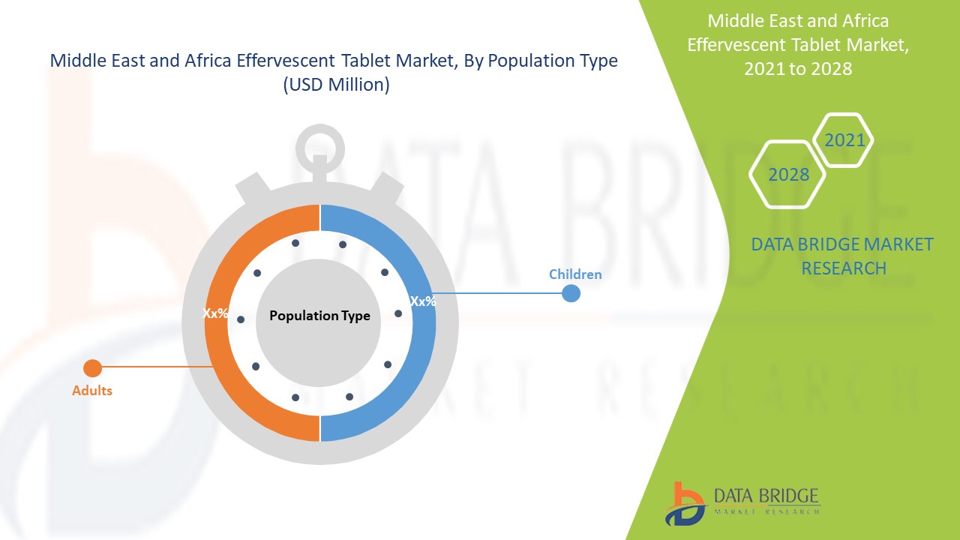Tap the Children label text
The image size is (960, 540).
pos(575,274)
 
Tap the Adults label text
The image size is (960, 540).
pos(92,391)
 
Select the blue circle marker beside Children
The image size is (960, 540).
pos(571,293)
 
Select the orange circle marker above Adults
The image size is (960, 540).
pos(92,368)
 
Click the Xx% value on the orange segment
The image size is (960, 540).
pos(215,313)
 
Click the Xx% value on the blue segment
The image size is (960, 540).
pos(423,301)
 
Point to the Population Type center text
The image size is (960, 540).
pos(319,316)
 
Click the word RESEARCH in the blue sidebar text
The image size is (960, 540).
pos(844,268)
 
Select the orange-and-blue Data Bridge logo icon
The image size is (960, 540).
pos(685,504)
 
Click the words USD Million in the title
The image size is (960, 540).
pos(337,85)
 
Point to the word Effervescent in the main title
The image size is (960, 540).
pos(286,61)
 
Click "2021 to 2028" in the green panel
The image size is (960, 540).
pos(798,68)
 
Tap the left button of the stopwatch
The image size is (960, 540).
pos(253,187)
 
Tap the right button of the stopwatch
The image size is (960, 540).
pos(386,187)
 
